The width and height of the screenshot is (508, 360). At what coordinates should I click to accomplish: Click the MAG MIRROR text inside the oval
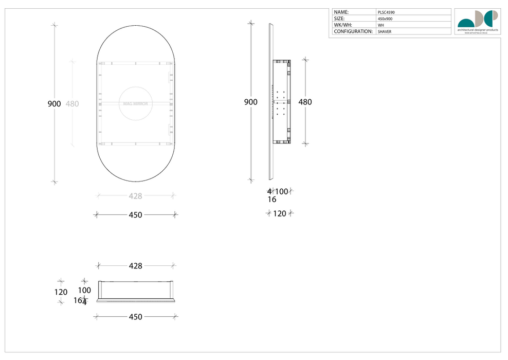[135, 104]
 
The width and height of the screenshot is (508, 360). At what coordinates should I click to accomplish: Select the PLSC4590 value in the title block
[386, 12]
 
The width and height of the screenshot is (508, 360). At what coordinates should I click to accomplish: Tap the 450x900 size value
[385, 19]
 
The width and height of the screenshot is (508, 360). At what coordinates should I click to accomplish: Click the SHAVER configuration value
[384, 31]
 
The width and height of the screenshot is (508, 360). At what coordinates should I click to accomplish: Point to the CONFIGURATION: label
[353, 31]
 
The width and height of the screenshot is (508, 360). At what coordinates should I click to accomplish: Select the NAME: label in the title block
[341, 12]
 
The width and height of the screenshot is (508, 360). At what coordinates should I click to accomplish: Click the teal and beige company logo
[478, 19]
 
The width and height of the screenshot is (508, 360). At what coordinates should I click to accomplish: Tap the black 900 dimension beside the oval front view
[54, 104]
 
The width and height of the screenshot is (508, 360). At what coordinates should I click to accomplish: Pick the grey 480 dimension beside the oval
[72, 104]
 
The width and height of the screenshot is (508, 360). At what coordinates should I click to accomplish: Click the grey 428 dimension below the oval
[135, 196]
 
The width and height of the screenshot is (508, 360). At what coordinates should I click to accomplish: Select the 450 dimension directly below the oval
[135, 215]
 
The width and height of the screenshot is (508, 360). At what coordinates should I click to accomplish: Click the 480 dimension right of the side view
[305, 102]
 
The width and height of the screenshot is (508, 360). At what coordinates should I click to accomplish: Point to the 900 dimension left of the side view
[250, 102]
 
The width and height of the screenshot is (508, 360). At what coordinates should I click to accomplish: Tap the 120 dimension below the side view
[279, 213]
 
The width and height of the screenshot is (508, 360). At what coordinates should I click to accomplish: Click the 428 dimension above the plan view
[135, 266]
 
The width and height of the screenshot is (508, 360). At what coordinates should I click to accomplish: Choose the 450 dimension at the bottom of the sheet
[135, 317]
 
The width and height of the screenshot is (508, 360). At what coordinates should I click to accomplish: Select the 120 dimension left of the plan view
[61, 292]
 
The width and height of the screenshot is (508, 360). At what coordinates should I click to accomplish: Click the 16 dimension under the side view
[271, 200]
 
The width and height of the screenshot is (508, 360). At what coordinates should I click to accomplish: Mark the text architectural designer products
[478, 30]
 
